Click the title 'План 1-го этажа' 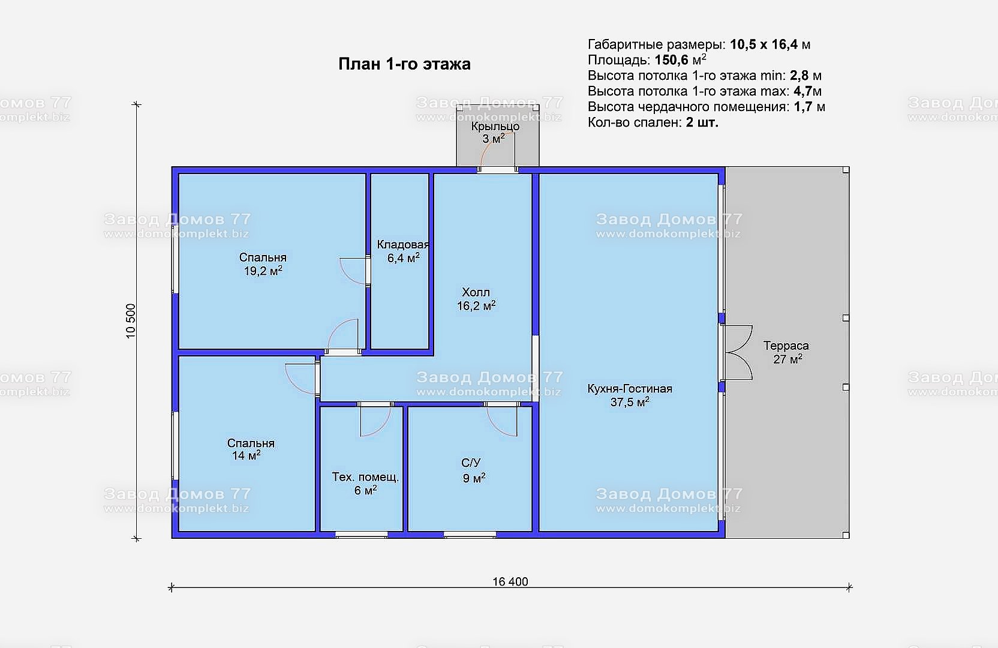point(404,64)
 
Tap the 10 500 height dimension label point(131,321)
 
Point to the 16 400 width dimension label point(510,581)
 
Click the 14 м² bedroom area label point(246,455)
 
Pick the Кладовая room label point(403,244)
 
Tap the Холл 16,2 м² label point(476,299)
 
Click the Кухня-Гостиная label point(630,389)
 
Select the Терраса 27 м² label point(786,352)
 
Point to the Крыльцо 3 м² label point(495,133)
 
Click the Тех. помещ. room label point(365,478)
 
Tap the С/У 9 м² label point(473,470)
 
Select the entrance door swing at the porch point(497,150)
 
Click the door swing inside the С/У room point(502,421)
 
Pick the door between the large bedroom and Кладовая point(355,271)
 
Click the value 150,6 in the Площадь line point(671,60)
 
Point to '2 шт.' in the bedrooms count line point(702,122)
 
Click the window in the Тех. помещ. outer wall point(361,535)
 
